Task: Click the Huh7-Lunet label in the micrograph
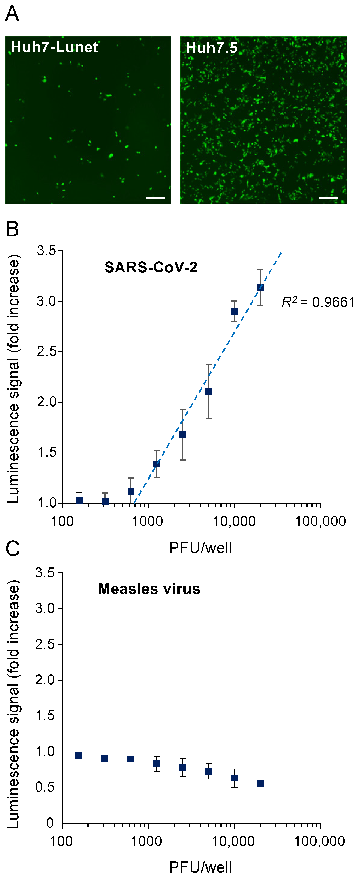pyautogui.click(x=54, y=47)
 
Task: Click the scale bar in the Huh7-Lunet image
pyautogui.click(x=155, y=198)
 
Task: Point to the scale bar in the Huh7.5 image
pyautogui.click(x=328, y=198)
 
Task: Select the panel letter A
pyautogui.click(x=12, y=14)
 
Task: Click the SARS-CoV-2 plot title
pyautogui.click(x=151, y=267)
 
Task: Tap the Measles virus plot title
pyautogui.click(x=149, y=589)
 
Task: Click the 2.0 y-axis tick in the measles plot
pyautogui.click(x=46, y=680)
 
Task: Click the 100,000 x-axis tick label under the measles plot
pyautogui.click(x=320, y=842)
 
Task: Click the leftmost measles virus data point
pyautogui.click(x=79, y=755)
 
